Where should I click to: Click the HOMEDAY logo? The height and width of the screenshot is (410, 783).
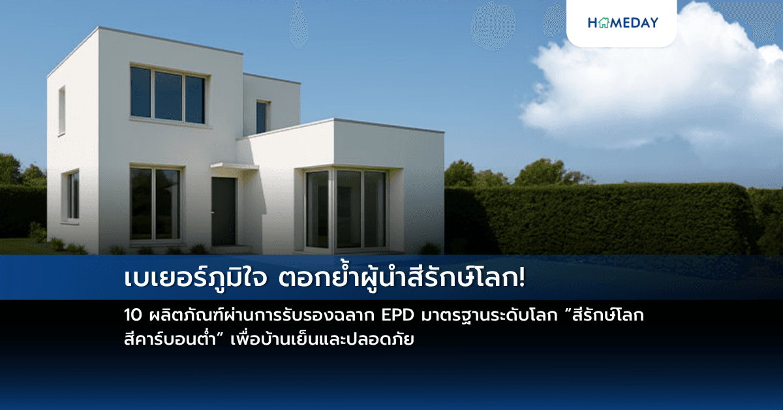pyautogui.click(x=622, y=23)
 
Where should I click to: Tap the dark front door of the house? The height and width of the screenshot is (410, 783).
pyautogui.click(x=223, y=212)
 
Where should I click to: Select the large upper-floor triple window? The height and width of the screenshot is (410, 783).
pyautogui.click(x=168, y=95)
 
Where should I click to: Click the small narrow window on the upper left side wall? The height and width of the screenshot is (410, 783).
pyautogui.click(x=62, y=110)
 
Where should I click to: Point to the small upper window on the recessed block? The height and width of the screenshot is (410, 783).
pyautogui.click(x=262, y=117)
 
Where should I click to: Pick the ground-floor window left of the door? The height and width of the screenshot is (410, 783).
pyautogui.click(x=155, y=203)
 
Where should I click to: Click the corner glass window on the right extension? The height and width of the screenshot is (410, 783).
pyautogui.click(x=346, y=209)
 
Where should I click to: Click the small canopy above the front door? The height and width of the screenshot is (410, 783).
pyautogui.click(x=234, y=166)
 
